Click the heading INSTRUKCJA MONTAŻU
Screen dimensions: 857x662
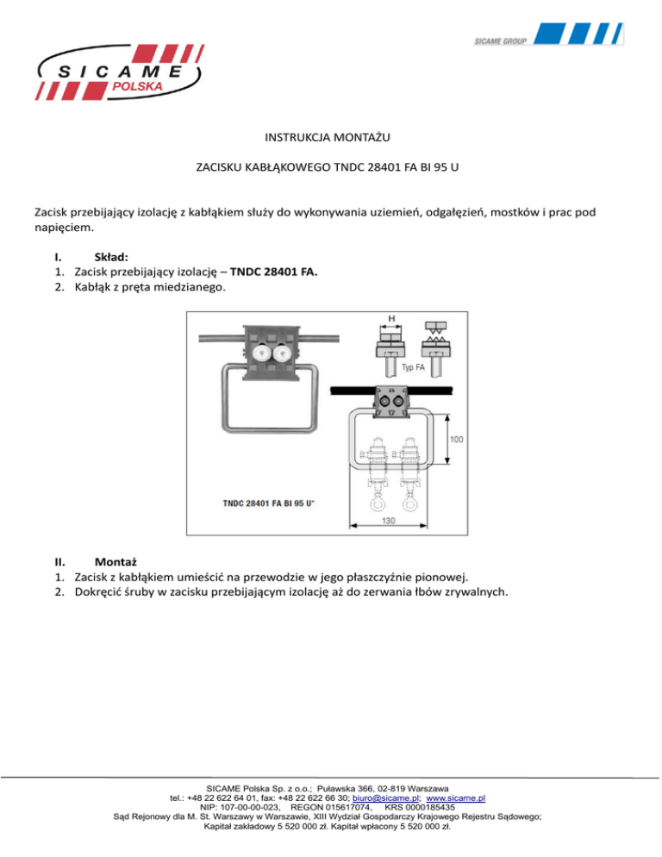(x=330, y=135)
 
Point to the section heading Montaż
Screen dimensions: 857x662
(x=118, y=559)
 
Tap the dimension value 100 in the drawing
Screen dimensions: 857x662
(x=457, y=440)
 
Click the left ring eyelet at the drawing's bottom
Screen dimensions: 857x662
(x=377, y=506)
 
